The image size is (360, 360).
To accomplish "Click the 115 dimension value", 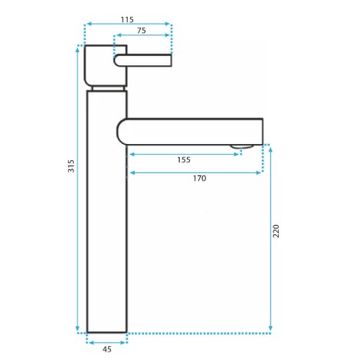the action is point(127,19).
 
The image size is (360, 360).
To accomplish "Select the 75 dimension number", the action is point(142,31).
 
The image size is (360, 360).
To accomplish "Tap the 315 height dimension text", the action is point(71,166).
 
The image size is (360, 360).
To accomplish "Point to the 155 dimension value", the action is point(184,160).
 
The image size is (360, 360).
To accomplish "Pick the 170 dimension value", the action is point(199,178).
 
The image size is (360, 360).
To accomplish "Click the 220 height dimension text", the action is point(276,231).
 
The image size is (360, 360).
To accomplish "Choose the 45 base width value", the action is point(107,349).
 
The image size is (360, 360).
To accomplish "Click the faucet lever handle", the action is point(142,61).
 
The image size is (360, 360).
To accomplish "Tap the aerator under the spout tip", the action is point(242,146).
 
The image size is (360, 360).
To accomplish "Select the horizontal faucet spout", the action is point(190,132).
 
